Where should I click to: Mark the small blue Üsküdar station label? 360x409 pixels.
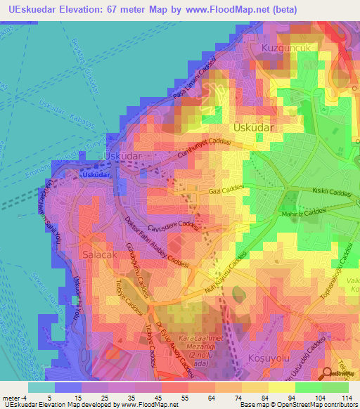(x=96, y=174)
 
